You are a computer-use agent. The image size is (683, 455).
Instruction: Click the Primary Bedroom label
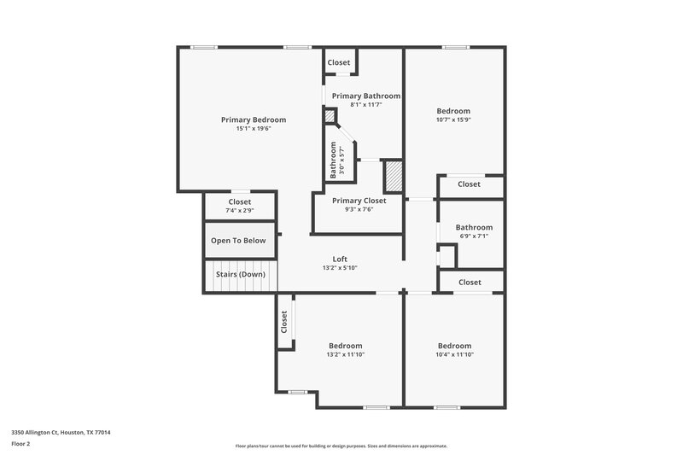click(254, 120)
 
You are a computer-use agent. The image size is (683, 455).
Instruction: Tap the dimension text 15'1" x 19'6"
click(254, 129)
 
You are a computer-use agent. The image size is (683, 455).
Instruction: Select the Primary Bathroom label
click(366, 96)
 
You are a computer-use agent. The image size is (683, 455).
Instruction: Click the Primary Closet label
click(359, 201)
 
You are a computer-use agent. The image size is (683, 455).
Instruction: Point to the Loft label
click(340, 259)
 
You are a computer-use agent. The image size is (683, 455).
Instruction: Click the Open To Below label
click(238, 241)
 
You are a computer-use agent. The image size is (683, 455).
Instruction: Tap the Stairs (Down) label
click(240, 274)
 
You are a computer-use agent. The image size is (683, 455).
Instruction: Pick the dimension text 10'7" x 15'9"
click(453, 120)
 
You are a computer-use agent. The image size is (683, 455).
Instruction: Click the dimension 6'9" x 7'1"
click(474, 236)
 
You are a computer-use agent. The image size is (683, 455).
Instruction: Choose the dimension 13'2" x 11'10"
click(346, 354)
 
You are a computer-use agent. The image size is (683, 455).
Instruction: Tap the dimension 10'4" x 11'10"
click(454, 354)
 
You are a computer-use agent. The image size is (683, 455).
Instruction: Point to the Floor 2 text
click(21, 444)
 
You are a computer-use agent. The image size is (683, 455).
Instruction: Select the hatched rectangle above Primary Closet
click(393, 175)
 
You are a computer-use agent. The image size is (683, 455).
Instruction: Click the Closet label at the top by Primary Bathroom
click(339, 62)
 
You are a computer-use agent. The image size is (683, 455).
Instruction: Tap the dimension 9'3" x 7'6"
click(359, 209)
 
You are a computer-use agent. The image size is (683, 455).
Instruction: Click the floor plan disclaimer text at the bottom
click(341, 446)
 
